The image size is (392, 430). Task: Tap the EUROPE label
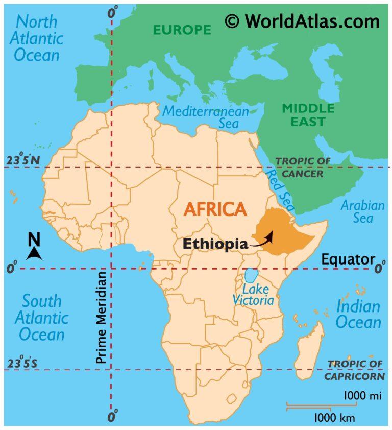182,30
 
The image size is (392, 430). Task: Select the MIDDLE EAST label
308,114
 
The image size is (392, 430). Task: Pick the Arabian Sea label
363,212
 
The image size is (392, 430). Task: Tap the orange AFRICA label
215,209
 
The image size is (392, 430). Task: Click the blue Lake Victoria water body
251,276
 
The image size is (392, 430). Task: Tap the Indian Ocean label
358,315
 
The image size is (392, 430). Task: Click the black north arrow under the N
34,253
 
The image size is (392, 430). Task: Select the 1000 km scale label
334,418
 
